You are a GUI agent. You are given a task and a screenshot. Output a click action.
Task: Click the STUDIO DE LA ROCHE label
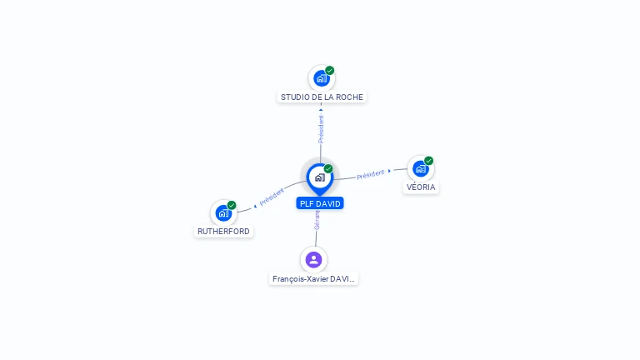point(322,97)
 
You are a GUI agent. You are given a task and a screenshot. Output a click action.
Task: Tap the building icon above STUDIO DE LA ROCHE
point(321,78)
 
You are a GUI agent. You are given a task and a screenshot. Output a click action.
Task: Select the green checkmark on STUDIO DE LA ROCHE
point(330,71)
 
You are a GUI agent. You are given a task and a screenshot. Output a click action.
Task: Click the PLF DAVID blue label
point(320,203)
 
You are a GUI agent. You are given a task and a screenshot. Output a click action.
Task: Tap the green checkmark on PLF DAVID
point(328,169)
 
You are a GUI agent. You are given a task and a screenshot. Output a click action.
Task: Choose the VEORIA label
point(421,187)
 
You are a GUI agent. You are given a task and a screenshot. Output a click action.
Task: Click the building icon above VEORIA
point(421,168)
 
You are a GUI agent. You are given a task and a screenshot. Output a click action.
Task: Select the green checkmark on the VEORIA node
point(428,161)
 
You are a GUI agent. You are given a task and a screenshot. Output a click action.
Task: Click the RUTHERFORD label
point(223,231)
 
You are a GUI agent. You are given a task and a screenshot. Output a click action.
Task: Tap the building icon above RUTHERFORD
point(223,212)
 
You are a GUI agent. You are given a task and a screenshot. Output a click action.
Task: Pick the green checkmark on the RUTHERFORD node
point(232,205)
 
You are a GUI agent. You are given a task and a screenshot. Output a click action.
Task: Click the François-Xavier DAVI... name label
point(313,279)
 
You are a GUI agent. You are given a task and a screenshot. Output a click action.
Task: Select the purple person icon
point(313,259)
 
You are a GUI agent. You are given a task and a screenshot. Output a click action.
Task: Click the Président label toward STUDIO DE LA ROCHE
point(321,129)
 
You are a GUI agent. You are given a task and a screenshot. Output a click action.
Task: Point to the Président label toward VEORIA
point(371,174)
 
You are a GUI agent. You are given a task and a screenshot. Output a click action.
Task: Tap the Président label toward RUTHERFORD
point(272,197)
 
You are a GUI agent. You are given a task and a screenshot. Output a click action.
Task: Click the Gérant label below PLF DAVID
point(317,221)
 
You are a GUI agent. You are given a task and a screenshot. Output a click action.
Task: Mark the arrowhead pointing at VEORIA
point(390,171)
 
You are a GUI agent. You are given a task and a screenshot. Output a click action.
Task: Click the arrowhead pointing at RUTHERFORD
point(254,204)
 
